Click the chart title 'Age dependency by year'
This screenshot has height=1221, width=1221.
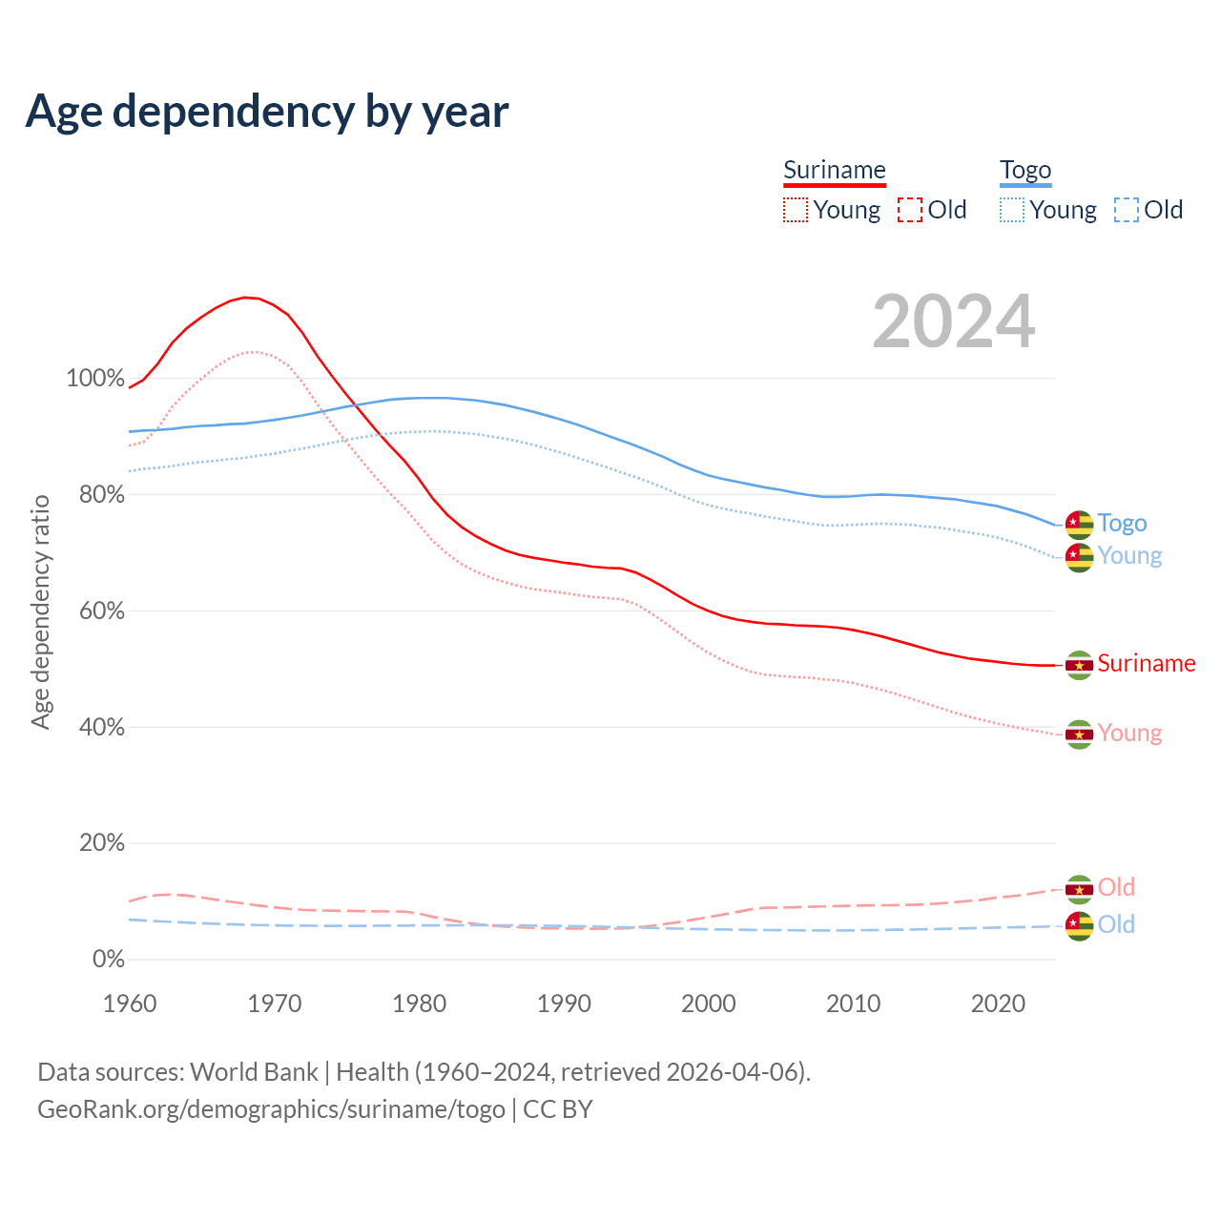pos(267,111)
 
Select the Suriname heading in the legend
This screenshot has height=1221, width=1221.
pos(835,170)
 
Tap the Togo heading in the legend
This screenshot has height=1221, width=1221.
pos(1025,170)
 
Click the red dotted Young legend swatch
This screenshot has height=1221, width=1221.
pos(795,210)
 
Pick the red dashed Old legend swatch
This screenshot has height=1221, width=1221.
pos(910,210)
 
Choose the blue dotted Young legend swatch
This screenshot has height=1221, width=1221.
pos(1012,210)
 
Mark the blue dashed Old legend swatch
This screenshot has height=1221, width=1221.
pos(1127,210)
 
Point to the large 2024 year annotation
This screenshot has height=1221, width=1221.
pos(954,321)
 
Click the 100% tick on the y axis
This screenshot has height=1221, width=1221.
pos(95,378)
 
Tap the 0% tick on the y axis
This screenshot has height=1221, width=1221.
pos(109,959)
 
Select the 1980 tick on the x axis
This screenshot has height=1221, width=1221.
pos(420,1004)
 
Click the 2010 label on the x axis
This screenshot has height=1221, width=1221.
pos(853,1004)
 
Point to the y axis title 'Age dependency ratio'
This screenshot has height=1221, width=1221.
pos(41,611)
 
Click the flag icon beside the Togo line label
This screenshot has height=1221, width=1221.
pos(1079,524)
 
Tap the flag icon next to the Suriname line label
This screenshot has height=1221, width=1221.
pos(1079,665)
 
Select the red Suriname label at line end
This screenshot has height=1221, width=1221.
pos(1147,663)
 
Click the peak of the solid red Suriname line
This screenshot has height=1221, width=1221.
pos(246,298)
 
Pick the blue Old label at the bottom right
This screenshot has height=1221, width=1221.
pos(1116,924)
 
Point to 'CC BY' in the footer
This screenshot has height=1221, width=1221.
pos(558,1109)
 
